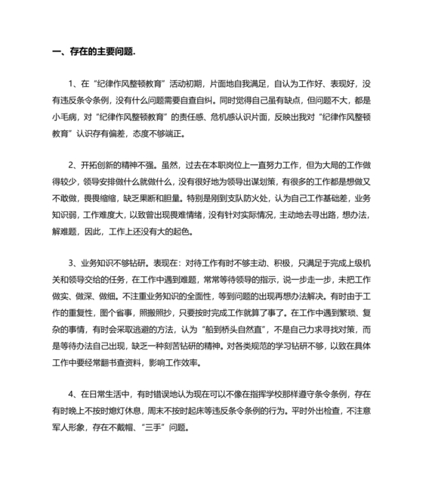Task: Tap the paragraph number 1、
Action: point(73,83)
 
